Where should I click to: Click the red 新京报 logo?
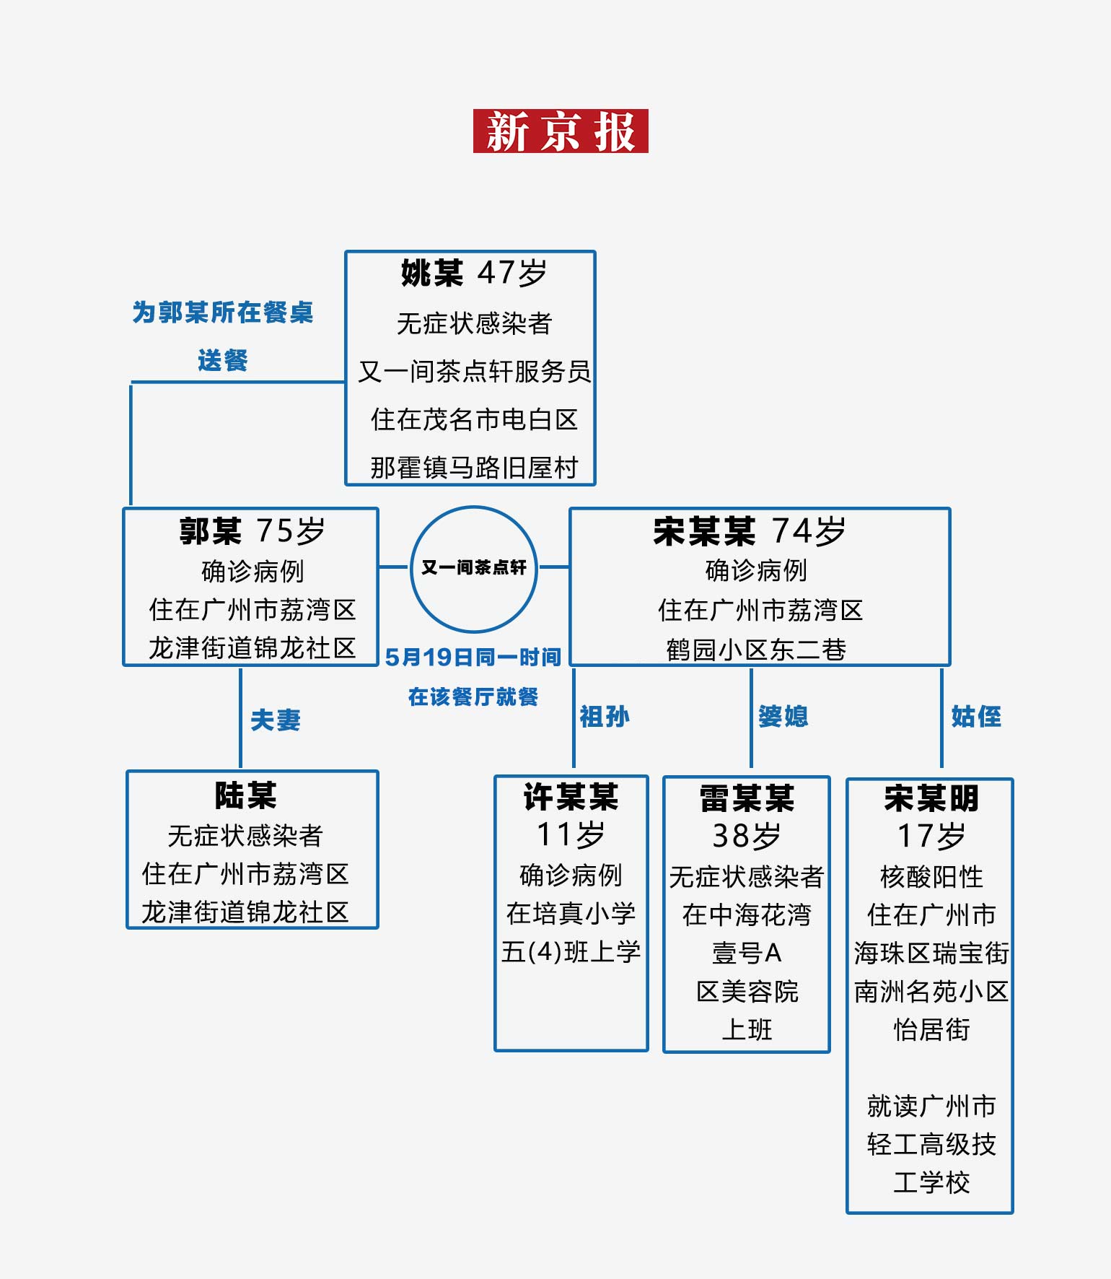click(561, 131)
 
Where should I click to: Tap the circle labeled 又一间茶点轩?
click(474, 568)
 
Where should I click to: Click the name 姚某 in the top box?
click(432, 274)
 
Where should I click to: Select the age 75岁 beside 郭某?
click(291, 531)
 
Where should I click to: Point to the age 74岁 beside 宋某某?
click(808, 531)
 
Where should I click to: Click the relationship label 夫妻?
click(276, 720)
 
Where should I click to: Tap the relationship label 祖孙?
click(605, 717)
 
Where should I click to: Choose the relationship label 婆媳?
click(783, 716)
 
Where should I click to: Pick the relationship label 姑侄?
click(976, 716)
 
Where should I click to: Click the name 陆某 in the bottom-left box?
click(245, 796)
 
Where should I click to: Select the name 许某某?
click(571, 798)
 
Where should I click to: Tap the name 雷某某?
click(747, 799)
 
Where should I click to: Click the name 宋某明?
click(931, 799)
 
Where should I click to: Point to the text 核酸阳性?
click(931, 877)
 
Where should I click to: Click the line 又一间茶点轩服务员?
click(474, 372)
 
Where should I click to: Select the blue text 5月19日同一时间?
click(473, 658)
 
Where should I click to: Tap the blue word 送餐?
click(223, 360)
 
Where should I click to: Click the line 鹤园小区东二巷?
click(756, 650)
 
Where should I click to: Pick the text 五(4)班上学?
click(571, 952)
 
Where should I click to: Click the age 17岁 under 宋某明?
click(931, 837)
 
